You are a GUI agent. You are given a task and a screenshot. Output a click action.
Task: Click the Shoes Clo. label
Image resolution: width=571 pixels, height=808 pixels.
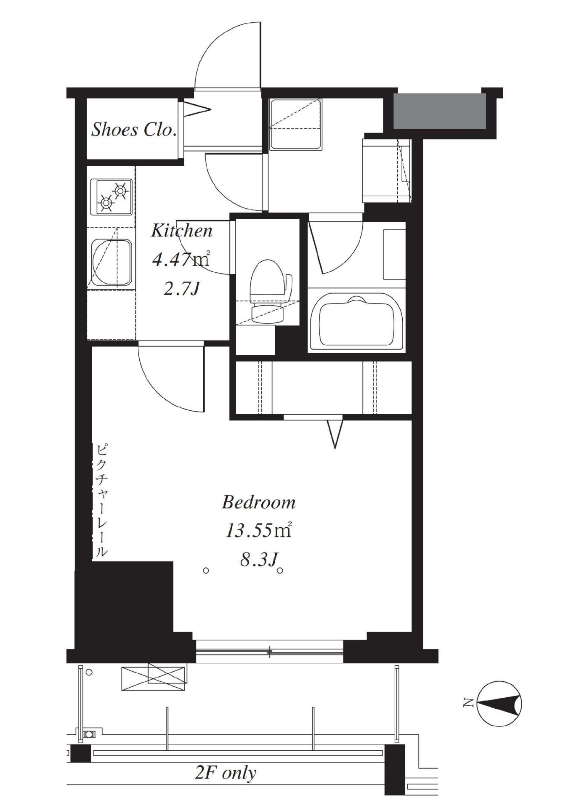[x=133, y=129]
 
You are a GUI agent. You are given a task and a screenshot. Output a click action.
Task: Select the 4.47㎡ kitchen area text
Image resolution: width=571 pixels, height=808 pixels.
[x=181, y=260]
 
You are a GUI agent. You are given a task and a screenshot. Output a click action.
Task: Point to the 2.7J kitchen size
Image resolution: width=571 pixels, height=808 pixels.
[x=181, y=289]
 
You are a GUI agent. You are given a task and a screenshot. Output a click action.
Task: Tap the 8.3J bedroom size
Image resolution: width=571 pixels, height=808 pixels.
[x=258, y=560]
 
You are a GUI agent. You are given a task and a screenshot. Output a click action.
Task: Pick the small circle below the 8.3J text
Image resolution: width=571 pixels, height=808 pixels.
[x=280, y=571]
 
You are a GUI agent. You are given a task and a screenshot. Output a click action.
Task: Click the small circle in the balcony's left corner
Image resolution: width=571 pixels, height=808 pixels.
[x=89, y=672]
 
